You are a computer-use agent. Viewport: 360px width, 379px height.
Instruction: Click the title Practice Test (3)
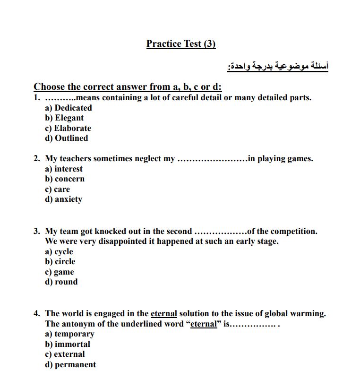click(181, 44)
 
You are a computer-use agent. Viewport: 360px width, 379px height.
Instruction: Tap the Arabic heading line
click(277, 66)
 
